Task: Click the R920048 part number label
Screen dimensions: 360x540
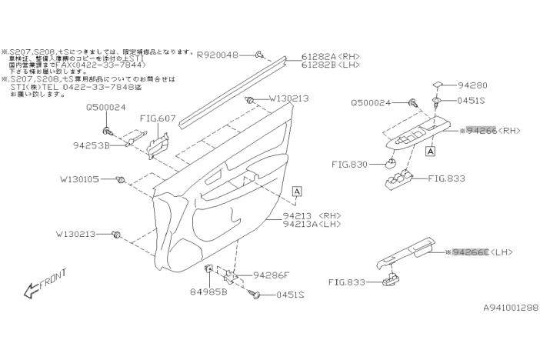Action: (x=218, y=55)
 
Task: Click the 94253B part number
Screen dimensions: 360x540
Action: (x=92, y=144)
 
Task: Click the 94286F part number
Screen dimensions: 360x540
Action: (x=272, y=275)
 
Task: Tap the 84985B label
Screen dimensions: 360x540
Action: (x=208, y=292)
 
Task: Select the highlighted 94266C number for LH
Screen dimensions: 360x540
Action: (x=470, y=252)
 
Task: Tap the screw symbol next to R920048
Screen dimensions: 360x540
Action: (x=261, y=55)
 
